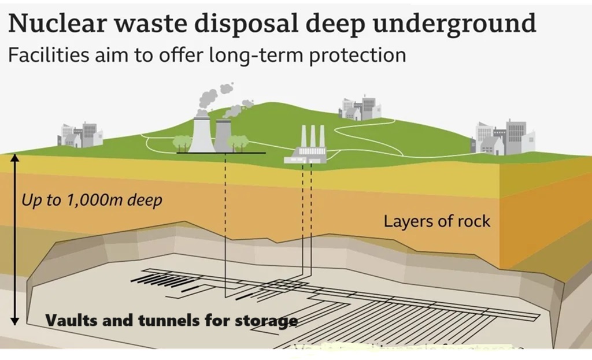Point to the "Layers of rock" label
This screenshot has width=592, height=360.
(436, 221)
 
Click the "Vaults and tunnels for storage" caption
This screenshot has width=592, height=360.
(171, 320)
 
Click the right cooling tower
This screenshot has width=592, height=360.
(223, 136)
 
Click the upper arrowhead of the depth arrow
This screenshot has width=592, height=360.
(15, 158)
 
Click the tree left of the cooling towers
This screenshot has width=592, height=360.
(182, 142)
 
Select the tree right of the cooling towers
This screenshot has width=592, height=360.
(239, 142)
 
